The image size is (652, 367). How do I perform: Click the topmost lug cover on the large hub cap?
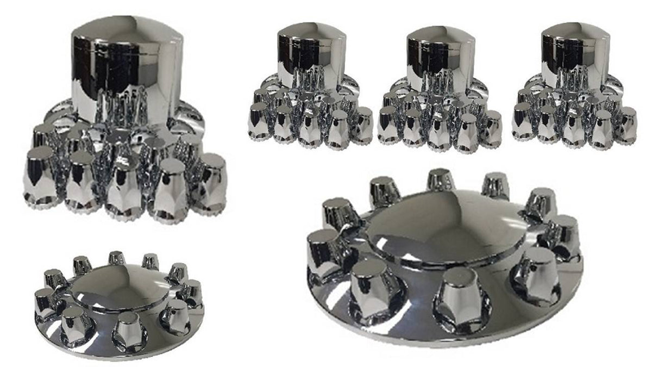pos(441,182)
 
